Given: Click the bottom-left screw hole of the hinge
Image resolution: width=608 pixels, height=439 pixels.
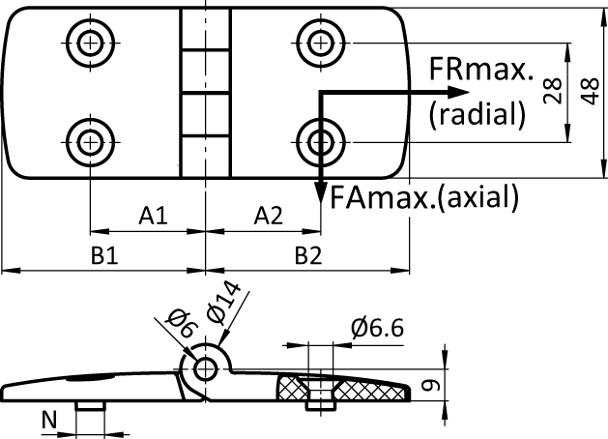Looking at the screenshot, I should point(90,141).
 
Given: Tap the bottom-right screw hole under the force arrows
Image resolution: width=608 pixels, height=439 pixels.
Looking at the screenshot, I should point(319,140).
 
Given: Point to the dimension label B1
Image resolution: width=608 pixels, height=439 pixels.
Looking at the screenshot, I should point(103,256).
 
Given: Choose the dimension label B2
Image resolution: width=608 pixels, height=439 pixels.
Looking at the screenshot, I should point(308,256).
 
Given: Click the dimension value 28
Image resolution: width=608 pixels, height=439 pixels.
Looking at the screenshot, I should point(554,92).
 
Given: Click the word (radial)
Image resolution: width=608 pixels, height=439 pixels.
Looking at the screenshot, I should point(478,114).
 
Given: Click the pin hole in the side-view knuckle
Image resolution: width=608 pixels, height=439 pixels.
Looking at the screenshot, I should point(206,368).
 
